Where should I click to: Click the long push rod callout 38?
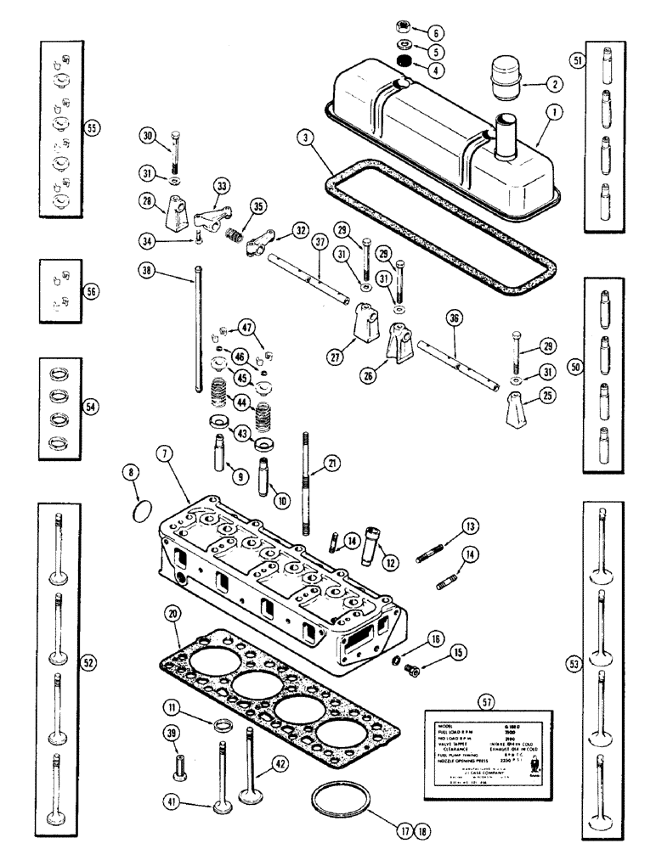(148, 271)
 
